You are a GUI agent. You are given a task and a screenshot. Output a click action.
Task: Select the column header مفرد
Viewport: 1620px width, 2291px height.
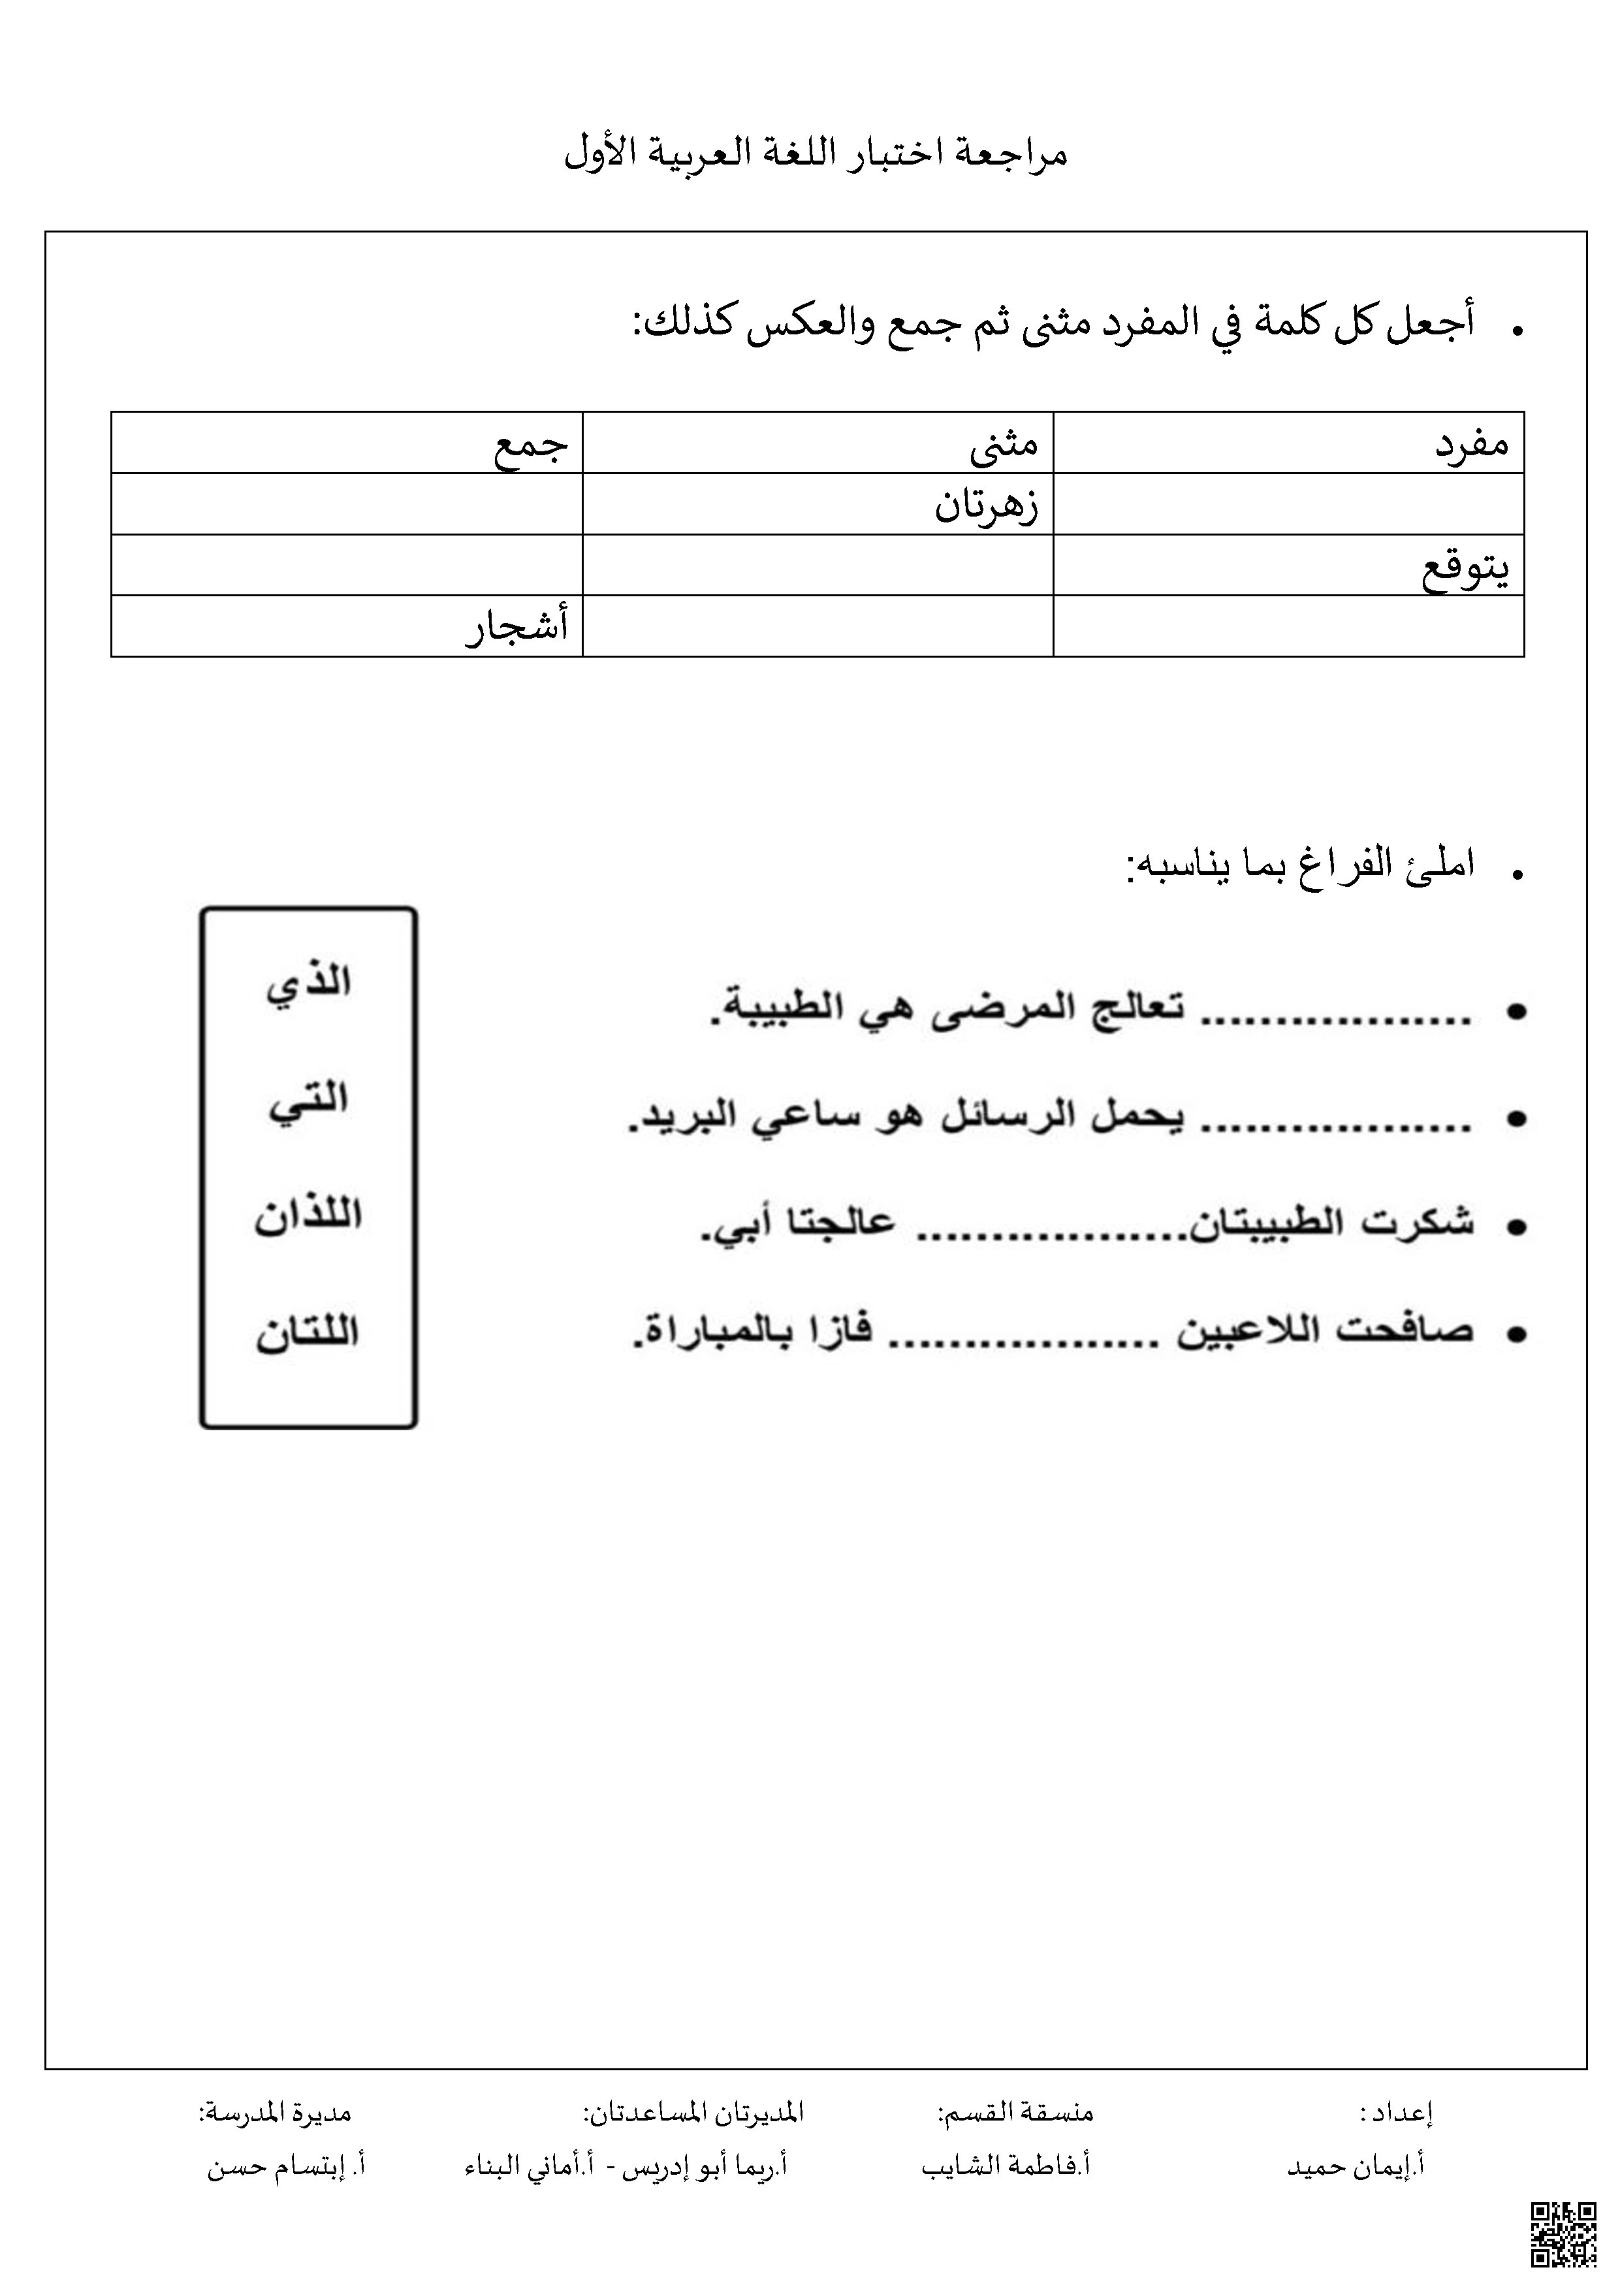click(1471, 444)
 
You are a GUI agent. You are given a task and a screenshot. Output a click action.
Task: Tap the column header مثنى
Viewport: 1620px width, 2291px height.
click(1004, 444)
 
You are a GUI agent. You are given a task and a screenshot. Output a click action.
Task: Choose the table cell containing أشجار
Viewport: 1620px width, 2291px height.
click(516, 628)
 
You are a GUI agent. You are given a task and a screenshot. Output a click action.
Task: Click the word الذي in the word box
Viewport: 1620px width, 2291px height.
click(308, 983)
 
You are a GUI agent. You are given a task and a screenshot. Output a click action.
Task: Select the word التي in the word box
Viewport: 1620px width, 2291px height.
click(308, 1100)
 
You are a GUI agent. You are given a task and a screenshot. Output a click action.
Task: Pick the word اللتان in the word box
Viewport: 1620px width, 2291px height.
click(308, 1333)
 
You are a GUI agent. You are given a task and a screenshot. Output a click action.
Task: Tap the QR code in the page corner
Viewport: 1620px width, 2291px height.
click(1563, 2235)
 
